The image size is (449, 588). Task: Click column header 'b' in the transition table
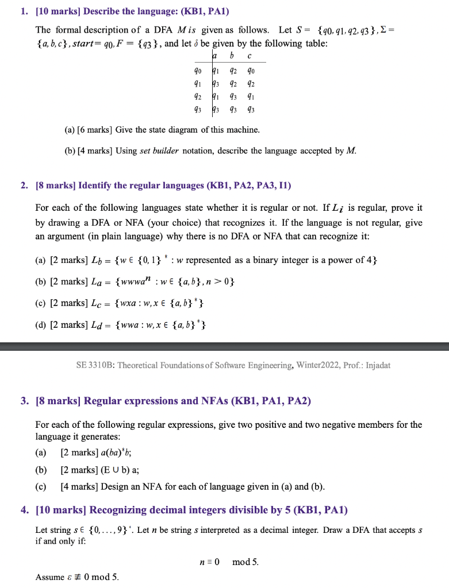(232, 55)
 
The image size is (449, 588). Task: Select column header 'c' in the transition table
(249, 55)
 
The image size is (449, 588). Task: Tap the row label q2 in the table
(198, 96)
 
